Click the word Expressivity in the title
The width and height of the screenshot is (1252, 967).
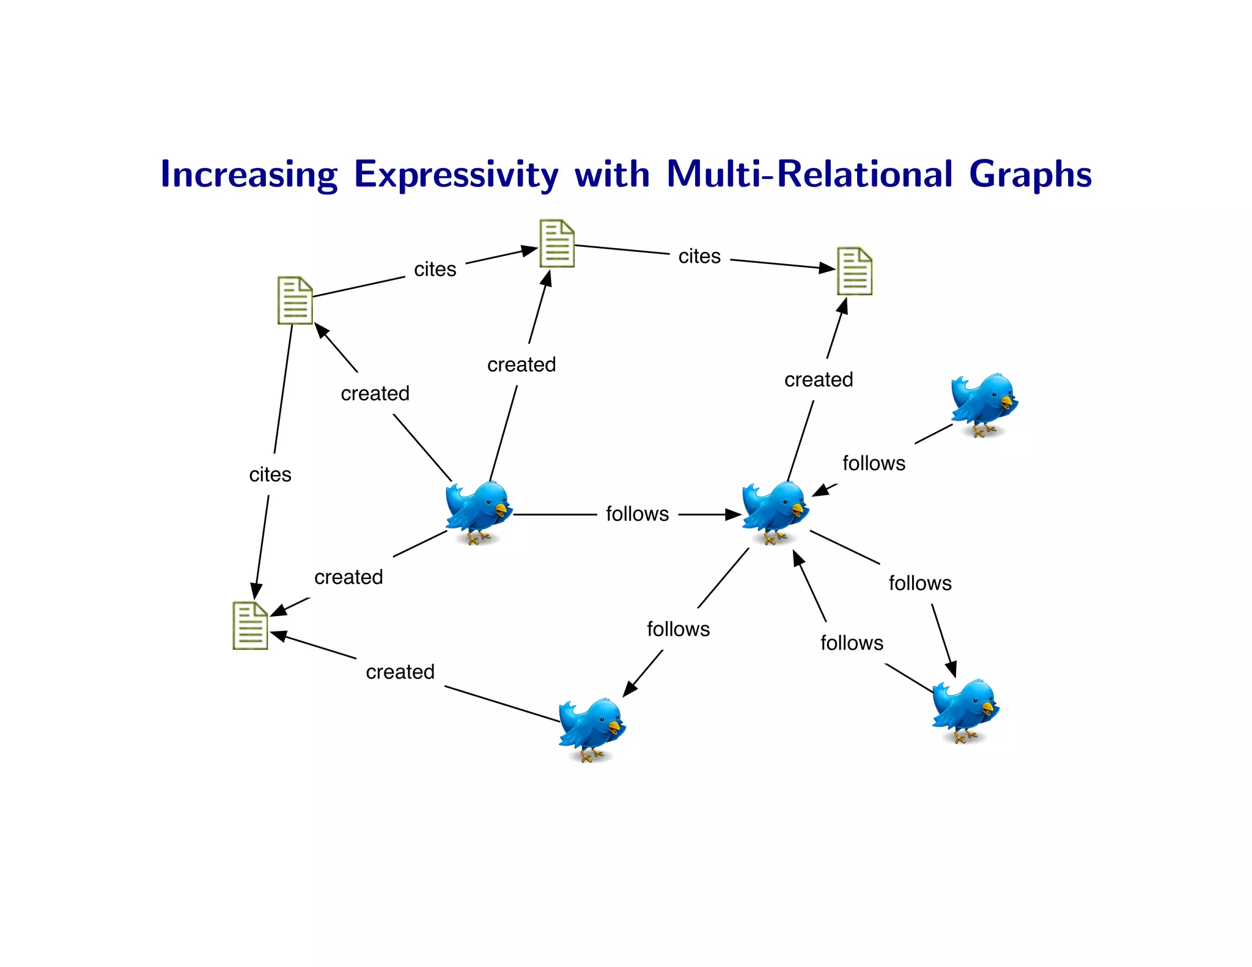455,175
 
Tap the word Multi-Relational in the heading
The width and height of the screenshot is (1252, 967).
809,174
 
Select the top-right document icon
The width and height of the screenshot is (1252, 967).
854,271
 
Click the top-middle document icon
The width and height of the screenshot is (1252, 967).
556,243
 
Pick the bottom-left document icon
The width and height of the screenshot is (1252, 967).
250,625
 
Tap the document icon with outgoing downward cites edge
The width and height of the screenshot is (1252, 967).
295,300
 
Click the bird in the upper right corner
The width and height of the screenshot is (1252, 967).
984,404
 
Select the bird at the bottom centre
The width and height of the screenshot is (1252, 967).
591,729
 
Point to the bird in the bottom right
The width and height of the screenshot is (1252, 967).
965,710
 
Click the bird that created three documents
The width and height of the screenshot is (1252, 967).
478,512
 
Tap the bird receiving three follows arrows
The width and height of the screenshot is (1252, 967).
775,512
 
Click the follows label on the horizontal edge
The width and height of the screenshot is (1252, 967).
637,514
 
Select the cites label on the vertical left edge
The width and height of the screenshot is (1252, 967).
270,475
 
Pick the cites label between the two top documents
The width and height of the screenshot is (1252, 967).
699,256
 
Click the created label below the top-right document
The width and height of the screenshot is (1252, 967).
819,380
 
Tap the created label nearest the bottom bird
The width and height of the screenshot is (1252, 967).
400,672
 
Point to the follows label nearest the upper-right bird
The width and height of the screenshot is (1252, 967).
874,463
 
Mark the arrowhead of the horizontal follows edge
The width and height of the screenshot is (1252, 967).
733,515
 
